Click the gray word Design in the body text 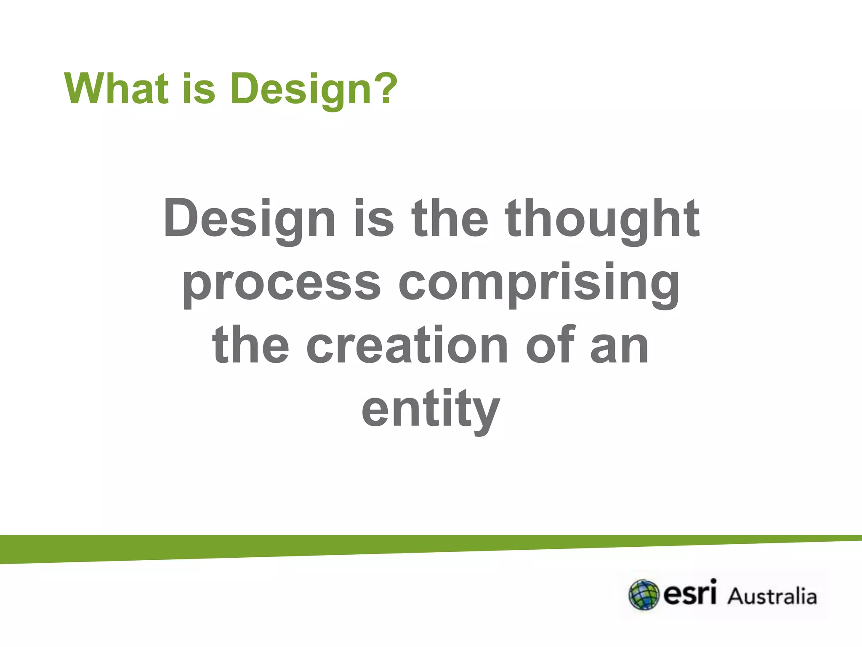click(249, 219)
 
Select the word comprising click(539, 283)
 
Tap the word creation click(407, 345)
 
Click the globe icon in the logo click(643, 595)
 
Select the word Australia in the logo click(772, 596)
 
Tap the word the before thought click(450, 219)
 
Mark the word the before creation click(251, 345)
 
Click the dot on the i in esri click(712, 582)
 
